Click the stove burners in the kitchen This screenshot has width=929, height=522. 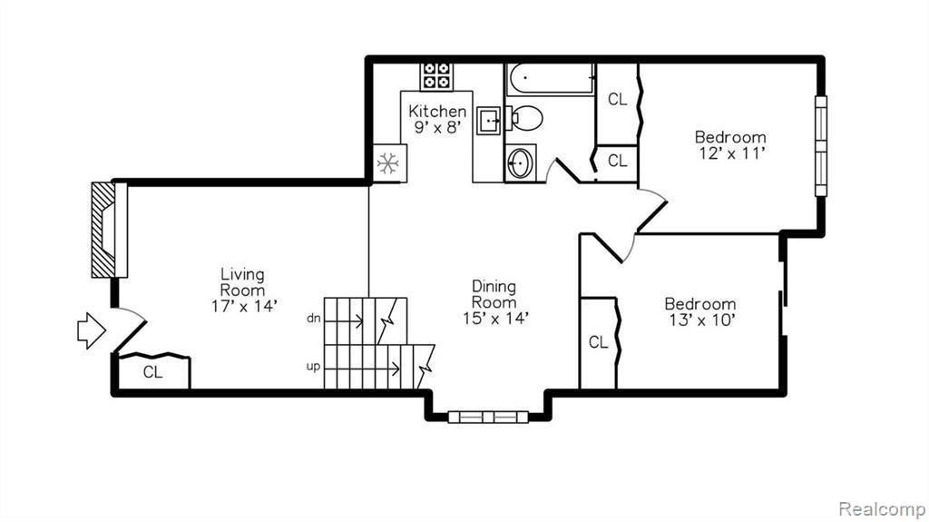point(436,76)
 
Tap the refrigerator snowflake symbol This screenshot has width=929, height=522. point(388,163)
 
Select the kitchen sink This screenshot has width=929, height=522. point(489,122)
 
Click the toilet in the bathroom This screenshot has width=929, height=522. point(523,118)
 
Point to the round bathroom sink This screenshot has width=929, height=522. point(520,162)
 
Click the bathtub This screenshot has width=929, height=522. point(551,79)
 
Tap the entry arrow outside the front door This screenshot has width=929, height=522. point(92,330)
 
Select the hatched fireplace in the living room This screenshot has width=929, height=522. point(109,230)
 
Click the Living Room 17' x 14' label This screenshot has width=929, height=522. point(243,291)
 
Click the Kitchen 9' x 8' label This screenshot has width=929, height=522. point(437,119)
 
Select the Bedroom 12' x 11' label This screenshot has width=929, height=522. point(730,145)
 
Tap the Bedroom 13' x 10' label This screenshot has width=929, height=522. point(700,312)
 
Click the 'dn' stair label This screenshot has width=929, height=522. point(313,319)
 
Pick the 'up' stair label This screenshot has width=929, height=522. point(313,367)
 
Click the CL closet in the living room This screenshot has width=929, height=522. point(154,372)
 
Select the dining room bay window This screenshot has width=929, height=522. point(488,417)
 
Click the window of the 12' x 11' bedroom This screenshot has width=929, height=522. point(820,146)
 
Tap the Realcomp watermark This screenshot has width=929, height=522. point(881,509)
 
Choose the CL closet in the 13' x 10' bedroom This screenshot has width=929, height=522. point(599,343)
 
